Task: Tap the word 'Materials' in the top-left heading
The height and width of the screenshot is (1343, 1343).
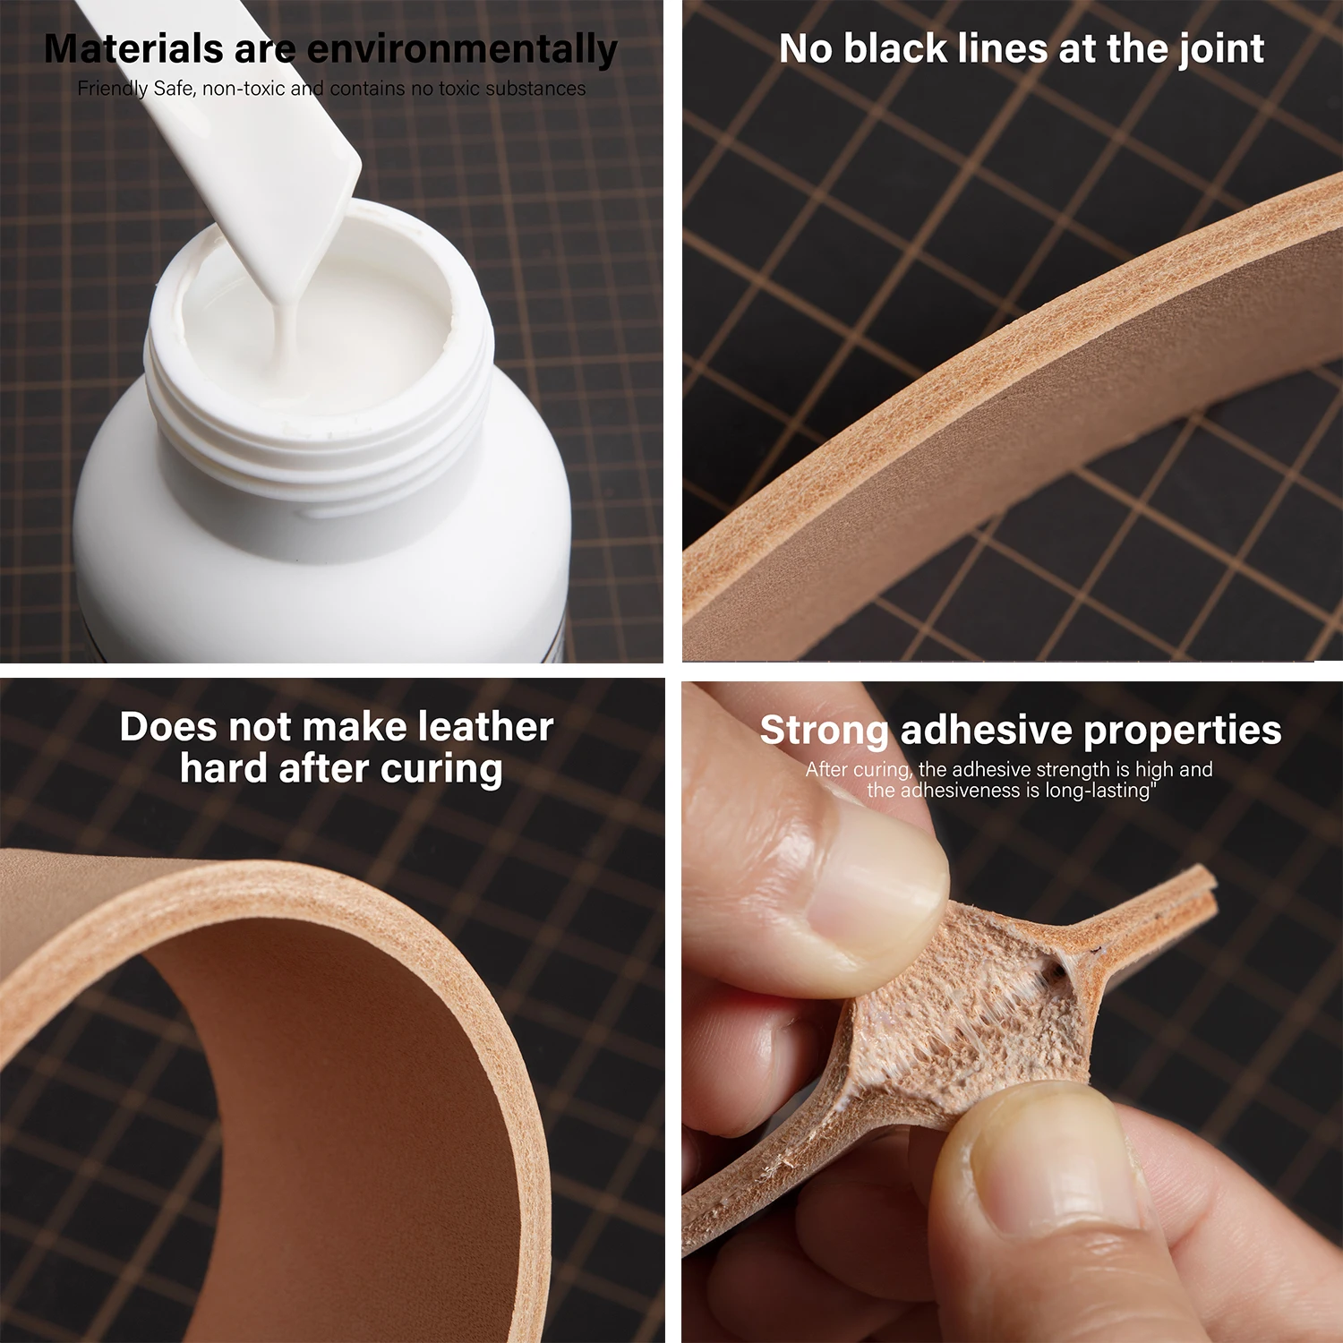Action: point(133,49)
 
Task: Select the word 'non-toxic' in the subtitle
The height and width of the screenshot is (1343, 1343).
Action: point(244,89)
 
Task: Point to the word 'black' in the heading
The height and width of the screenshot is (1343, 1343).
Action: point(895,49)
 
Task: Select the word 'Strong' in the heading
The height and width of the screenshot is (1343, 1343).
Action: point(824,731)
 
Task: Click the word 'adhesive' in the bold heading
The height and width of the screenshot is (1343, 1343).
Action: point(986,731)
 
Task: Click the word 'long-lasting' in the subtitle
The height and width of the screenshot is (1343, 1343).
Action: point(1099,791)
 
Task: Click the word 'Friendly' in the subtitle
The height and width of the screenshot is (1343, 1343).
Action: point(113,89)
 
